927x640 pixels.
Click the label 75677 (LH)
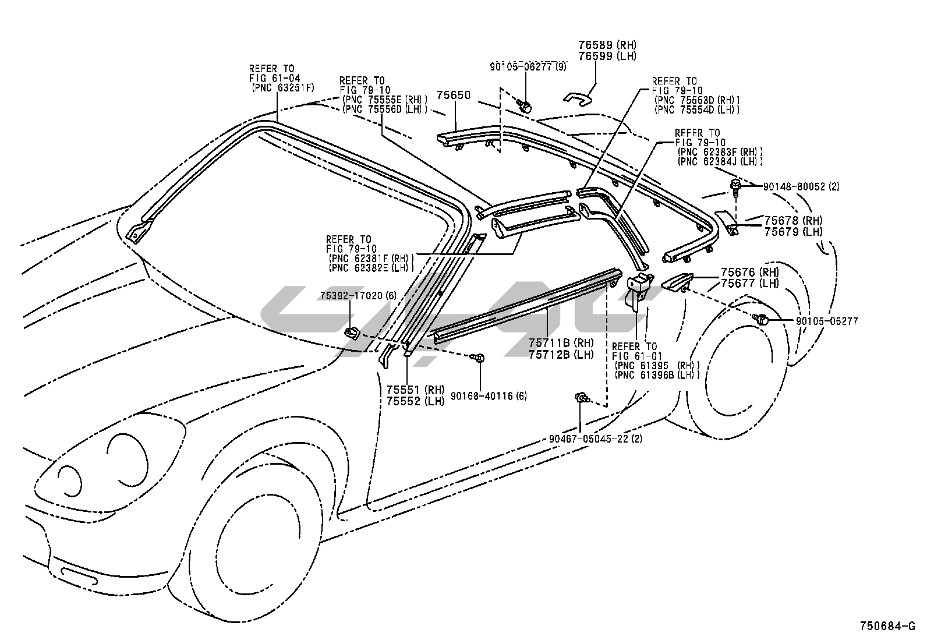pyautogui.click(x=749, y=283)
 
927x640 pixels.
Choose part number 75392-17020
pyautogui.click(x=352, y=296)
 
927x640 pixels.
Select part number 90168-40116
pyautogui.click(x=483, y=397)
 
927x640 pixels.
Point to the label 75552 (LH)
pyautogui.click(x=415, y=401)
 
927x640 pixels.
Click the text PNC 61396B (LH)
pyautogui.click(x=657, y=376)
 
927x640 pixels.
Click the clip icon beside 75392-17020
pyautogui.click(x=351, y=334)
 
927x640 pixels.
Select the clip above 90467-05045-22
pyautogui.click(x=581, y=398)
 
